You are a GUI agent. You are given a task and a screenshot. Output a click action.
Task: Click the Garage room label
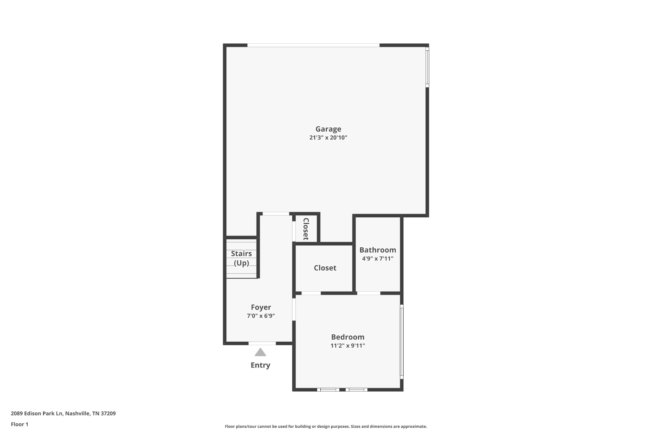pos(328,129)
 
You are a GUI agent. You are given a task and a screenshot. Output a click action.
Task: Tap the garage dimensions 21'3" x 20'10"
pos(328,138)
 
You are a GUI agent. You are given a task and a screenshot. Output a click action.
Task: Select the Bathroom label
pos(378,250)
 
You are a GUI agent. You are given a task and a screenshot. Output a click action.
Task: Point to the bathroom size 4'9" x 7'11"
pos(378,258)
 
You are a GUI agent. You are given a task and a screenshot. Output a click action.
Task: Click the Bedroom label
pos(348,337)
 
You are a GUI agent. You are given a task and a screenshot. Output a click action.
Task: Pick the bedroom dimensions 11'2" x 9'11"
pos(348,345)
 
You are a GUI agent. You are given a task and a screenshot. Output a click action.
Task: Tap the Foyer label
pos(261,308)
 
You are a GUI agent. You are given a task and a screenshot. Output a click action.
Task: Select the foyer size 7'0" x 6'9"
pos(261,316)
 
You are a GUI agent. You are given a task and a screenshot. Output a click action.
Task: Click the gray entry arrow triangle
pos(260,352)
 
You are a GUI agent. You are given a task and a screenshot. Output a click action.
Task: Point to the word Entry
pos(260,365)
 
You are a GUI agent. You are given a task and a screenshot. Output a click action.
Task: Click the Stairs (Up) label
pos(241,258)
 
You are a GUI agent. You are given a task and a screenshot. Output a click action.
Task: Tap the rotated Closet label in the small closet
pos(306,229)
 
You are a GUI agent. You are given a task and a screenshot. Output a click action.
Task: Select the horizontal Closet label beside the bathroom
pos(325,268)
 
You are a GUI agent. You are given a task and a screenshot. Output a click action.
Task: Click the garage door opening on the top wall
pos(314,45)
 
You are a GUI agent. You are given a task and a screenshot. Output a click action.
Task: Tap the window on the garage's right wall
pos(427,67)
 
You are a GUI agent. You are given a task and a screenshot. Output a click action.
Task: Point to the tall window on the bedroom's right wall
pos(402,342)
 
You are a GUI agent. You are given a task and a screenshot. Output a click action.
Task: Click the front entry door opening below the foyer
pos(262,343)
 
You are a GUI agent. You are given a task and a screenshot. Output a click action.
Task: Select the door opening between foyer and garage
pos(276,214)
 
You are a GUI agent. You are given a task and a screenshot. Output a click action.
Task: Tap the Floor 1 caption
pos(19,424)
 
